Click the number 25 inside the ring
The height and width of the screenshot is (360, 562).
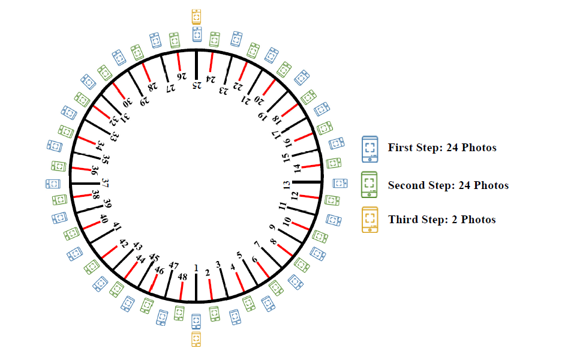point(197,85)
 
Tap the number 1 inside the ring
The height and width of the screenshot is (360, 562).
point(196,268)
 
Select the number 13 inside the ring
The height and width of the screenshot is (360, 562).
point(286,185)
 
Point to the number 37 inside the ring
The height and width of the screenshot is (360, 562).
point(105,183)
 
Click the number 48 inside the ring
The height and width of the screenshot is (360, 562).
point(182,277)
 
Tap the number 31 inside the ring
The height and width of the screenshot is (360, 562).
point(125,117)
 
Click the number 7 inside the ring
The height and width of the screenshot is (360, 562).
point(257,245)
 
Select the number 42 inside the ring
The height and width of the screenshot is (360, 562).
point(124,244)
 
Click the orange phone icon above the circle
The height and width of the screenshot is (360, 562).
point(196,17)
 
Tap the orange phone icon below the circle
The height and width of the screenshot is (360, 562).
point(196,339)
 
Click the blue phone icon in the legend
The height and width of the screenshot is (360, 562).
point(370,149)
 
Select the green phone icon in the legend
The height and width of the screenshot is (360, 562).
point(369,184)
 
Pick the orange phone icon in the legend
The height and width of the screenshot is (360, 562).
point(370,220)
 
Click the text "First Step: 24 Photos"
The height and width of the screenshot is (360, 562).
point(442,148)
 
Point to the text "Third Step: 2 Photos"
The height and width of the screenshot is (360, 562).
point(442,220)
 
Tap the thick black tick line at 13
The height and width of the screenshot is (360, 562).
point(307,182)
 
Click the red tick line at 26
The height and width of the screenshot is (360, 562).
point(179,62)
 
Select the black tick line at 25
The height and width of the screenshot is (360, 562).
point(196,65)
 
